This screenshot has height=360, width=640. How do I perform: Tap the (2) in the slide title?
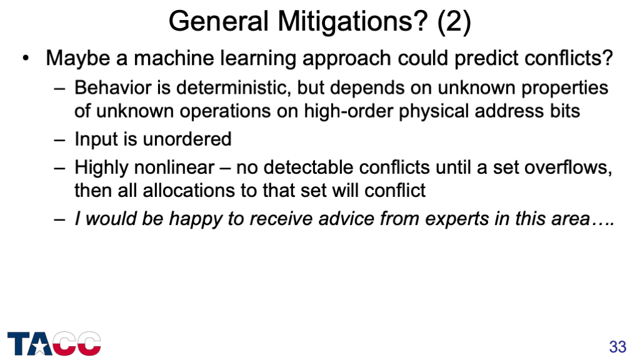click(454, 21)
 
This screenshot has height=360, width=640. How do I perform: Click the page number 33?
click(617, 347)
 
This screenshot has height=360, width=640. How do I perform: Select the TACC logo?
click(54, 343)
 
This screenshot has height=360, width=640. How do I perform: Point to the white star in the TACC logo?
click(39, 346)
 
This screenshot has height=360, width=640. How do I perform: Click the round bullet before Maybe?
click(26, 59)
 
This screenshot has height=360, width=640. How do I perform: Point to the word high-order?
click(349, 111)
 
